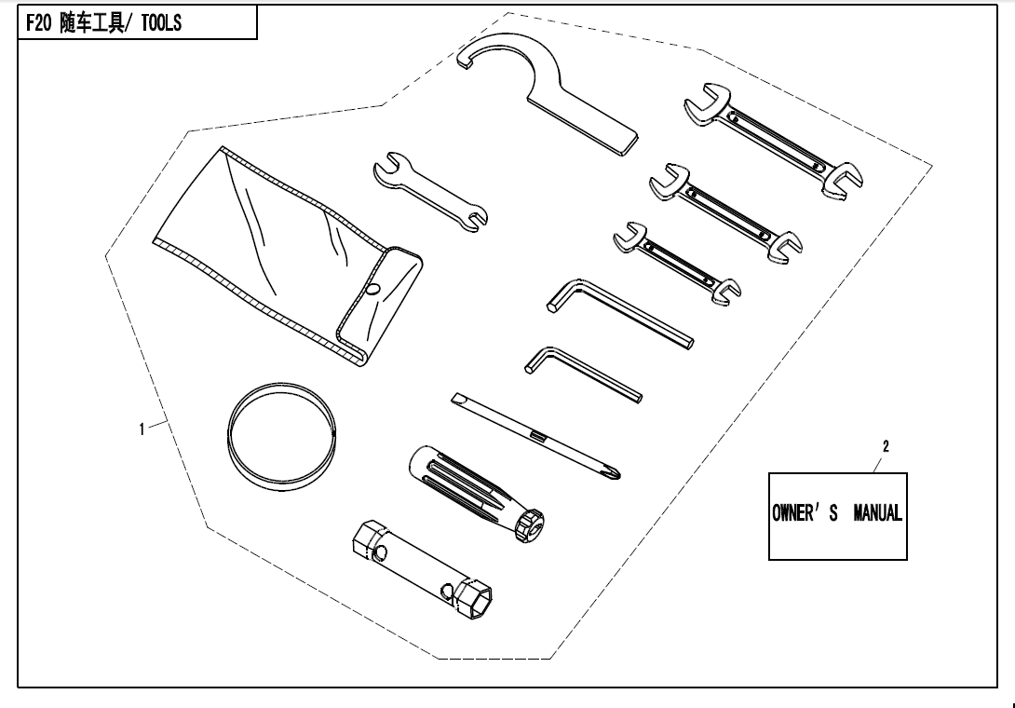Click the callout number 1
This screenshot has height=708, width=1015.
point(142,429)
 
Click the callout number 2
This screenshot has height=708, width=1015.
point(886,445)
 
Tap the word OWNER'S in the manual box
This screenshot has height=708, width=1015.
point(805,513)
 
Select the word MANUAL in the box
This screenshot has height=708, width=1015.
point(878,513)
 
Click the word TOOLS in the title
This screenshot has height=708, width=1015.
point(161,23)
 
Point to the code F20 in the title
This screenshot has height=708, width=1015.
point(38,23)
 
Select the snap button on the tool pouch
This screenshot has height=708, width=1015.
point(372,289)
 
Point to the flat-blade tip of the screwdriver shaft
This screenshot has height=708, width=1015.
point(457,399)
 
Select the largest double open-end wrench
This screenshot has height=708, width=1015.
point(774,139)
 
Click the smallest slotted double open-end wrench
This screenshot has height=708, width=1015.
point(677,263)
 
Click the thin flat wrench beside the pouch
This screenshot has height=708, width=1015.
point(430,192)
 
